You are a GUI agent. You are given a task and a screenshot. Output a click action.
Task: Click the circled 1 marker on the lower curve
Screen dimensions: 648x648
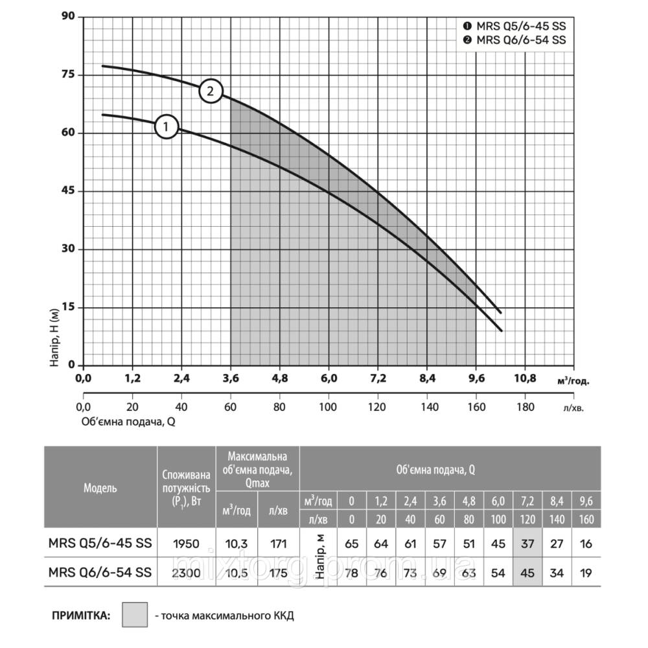click(x=166, y=126)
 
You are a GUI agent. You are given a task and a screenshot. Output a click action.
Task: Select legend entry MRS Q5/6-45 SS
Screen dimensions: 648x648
click(x=516, y=27)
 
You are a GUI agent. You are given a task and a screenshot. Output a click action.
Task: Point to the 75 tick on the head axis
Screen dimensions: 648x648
click(x=67, y=75)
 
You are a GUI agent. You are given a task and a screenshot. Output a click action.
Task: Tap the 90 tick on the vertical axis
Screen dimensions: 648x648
click(x=67, y=17)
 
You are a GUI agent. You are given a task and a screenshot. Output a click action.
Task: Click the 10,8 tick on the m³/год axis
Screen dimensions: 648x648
click(x=525, y=378)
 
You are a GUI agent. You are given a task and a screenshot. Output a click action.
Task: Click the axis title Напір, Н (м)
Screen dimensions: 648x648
click(x=56, y=338)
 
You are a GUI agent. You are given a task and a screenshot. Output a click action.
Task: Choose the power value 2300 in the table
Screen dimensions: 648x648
click(x=186, y=572)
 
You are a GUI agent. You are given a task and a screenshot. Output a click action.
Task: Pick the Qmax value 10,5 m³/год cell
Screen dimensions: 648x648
click(x=237, y=572)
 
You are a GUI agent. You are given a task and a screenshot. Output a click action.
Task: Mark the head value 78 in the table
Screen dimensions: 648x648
click(x=351, y=572)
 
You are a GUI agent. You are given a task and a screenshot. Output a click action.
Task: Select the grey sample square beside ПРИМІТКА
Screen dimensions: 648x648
click(x=135, y=613)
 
